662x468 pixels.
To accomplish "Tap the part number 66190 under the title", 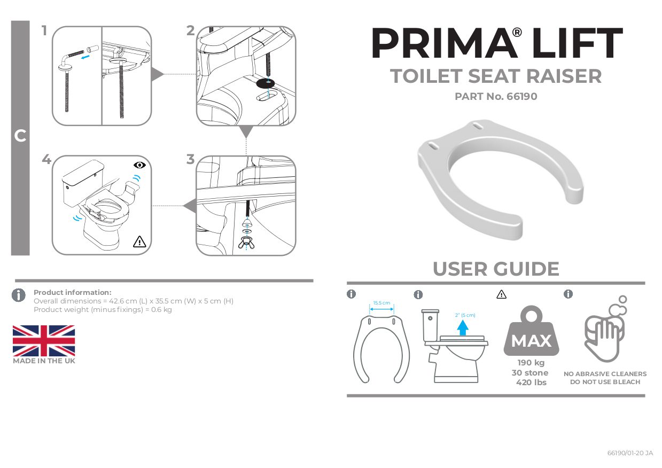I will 518,97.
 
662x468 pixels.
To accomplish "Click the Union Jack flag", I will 44,340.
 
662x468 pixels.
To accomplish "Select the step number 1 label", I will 44,31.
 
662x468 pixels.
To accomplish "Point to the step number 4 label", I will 46,159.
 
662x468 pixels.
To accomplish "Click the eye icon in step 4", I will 139,165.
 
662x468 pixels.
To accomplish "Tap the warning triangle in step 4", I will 139,241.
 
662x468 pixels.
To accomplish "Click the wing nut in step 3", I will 247,241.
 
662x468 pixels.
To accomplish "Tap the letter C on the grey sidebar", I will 20,136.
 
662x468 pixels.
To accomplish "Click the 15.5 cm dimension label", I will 381,303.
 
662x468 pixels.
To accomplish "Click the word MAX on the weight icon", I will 531,341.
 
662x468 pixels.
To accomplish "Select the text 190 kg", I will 531,363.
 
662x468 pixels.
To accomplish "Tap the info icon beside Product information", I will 19,295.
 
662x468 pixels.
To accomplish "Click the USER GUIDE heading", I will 496,269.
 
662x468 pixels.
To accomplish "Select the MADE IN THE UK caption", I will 44,361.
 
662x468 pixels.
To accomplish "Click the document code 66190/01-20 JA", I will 630,453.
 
